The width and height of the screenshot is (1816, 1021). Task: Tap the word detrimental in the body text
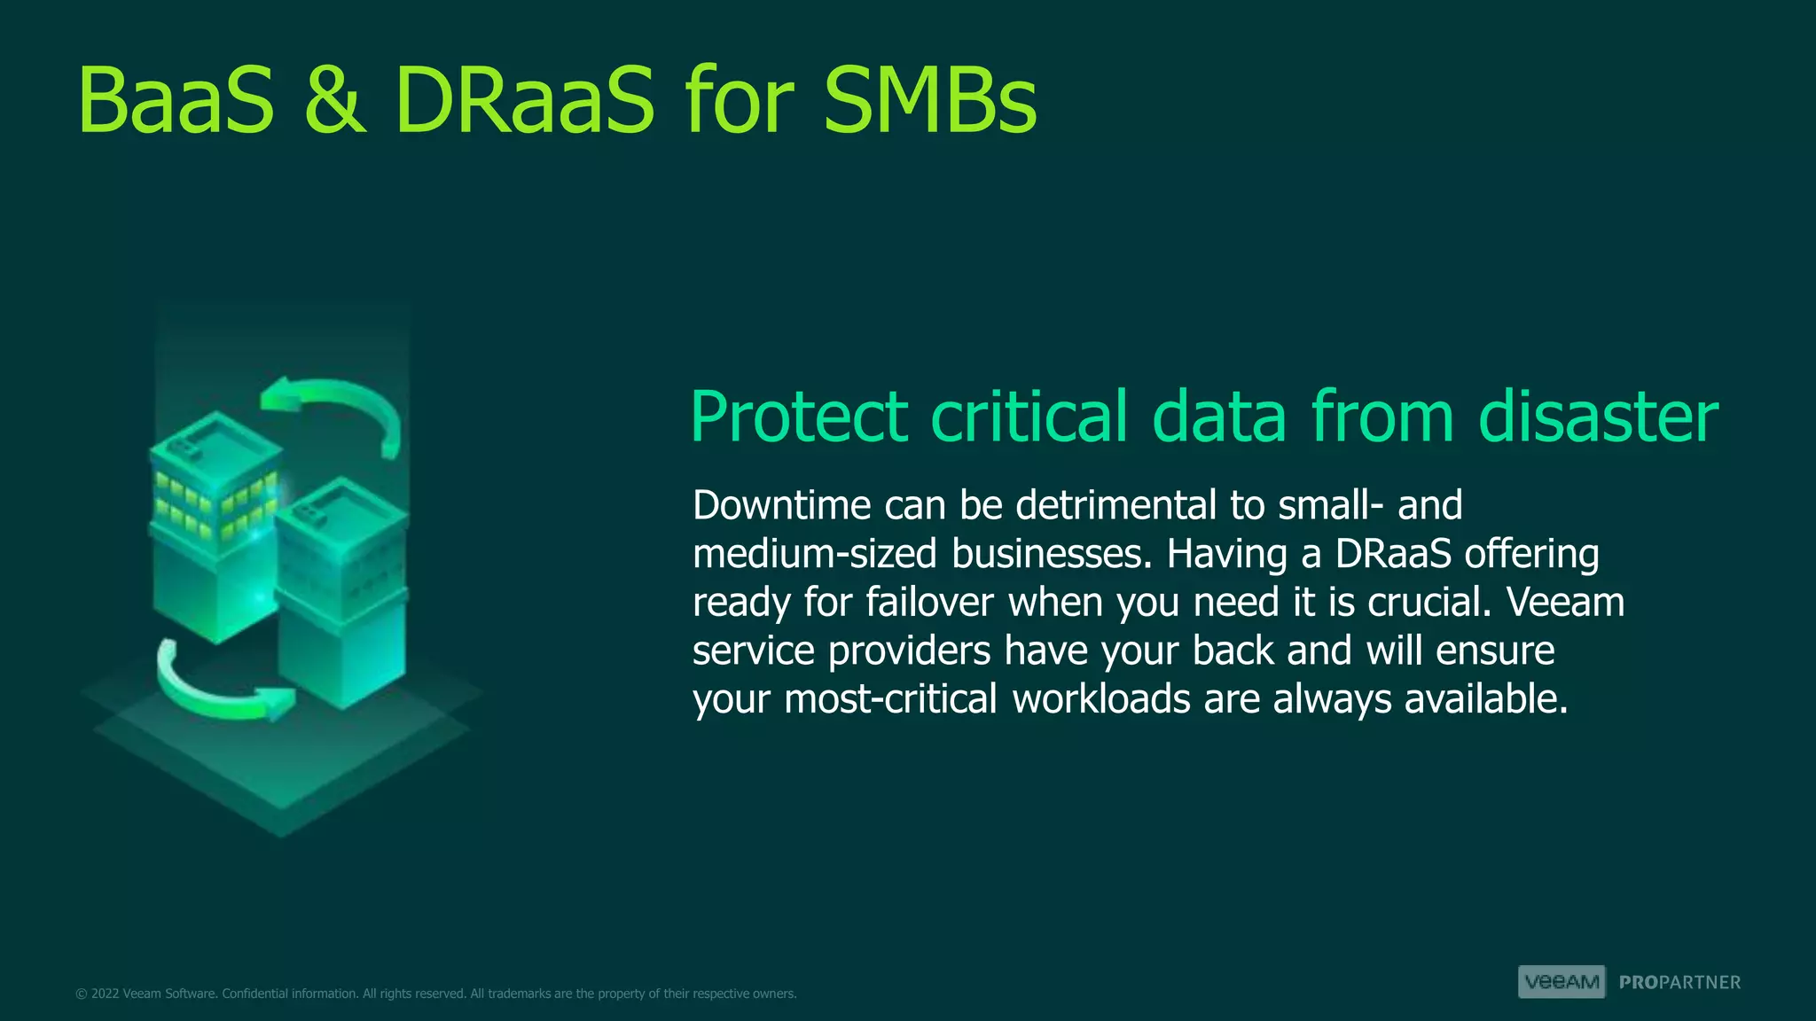tap(1115, 505)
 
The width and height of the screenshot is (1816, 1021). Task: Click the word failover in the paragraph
tap(929, 603)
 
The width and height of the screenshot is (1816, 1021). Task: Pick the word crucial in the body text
tap(1429, 603)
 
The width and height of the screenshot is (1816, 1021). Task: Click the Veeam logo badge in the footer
tap(1562, 982)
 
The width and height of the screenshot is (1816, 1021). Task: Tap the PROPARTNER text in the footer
tap(1679, 983)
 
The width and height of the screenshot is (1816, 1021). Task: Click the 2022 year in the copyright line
tap(105, 994)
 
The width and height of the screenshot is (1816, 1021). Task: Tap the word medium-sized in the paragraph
tap(814, 554)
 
